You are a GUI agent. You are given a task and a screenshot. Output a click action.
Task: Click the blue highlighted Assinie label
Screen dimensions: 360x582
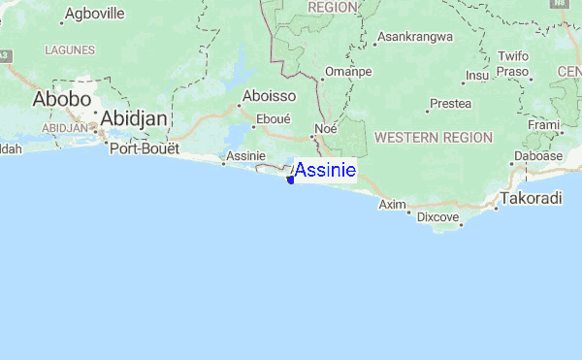pyautogui.click(x=325, y=171)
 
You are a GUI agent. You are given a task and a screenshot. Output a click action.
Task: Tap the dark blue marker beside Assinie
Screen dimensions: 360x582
pyautogui.click(x=290, y=178)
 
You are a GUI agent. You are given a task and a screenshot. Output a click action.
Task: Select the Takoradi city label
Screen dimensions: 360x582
pyautogui.click(x=531, y=199)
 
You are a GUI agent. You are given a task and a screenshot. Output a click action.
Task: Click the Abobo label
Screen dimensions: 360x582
pyautogui.click(x=62, y=99)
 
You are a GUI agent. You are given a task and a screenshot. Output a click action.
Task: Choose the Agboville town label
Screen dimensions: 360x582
pyautogui.click(x=95, y=16)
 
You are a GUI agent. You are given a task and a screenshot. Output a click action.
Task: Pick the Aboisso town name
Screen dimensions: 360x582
pyautogui.click(x=270, y=96)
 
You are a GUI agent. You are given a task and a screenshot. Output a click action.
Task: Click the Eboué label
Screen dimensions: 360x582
pyautogui.click(x=272, y=119)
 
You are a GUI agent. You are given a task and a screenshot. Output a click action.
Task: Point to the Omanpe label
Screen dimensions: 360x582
pyautogui.click(x=348, y=72)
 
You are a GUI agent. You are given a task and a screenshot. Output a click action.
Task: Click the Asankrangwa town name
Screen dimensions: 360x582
pyautogui.click(x=415, y=38)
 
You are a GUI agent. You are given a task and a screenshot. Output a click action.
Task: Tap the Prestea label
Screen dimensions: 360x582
pyautogui.click(x=450, y=103)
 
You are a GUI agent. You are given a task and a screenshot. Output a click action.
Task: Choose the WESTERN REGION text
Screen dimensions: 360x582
pyautogui.click(x=434, y=138)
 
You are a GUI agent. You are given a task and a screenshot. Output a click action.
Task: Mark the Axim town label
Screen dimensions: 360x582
pyautogui.click(x=392, y=205)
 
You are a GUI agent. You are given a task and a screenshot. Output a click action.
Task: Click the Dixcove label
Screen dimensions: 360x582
pyautogui.click(x=437, y=216)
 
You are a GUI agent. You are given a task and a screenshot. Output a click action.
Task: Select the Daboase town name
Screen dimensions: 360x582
pyautogui.click(x=537, y=155)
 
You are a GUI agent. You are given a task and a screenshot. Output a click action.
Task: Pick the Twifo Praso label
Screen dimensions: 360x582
pyautogui.click(x=512, y=64)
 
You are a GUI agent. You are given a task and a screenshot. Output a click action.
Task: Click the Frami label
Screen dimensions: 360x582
pyautogui.click(x=544, y=125)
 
